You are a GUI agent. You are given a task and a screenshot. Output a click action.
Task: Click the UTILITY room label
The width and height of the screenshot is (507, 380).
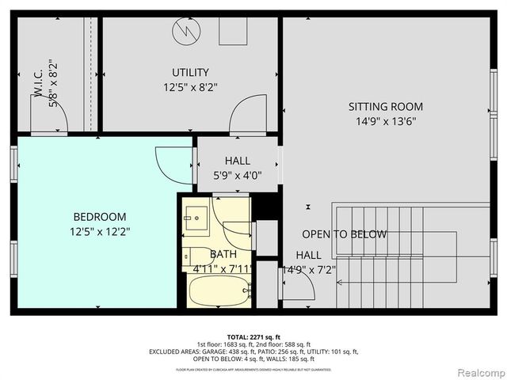point(189,72)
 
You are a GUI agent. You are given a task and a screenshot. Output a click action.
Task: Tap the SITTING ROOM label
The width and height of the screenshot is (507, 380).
point(386,106)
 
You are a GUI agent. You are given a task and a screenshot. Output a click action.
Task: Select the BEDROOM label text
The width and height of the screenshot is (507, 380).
point(100,216)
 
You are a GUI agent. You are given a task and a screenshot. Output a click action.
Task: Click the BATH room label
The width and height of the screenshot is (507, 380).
point(223,254)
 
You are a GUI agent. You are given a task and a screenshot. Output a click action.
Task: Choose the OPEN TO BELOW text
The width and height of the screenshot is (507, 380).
point(344,234)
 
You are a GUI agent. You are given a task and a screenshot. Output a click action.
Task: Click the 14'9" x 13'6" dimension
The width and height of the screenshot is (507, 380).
point(386,121)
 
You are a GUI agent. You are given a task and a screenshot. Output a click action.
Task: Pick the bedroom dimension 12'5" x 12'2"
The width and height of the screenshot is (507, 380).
point(100,232)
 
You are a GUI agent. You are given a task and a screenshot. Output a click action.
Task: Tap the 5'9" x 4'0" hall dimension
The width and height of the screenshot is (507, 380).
point(237,176)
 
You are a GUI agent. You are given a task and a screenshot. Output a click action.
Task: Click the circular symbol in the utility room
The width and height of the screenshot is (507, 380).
point(187,32)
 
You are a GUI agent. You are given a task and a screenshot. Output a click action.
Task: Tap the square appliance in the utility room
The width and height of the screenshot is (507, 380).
point(232,32)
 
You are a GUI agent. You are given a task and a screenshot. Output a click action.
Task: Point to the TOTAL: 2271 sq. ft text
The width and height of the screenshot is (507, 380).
point(253,337)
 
